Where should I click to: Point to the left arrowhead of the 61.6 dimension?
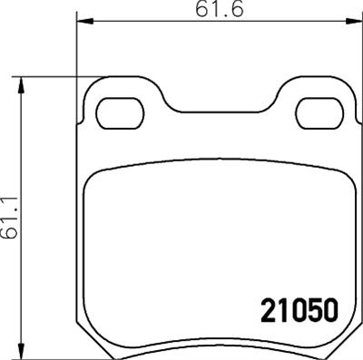pyautogui.click(x=80, y=22)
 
